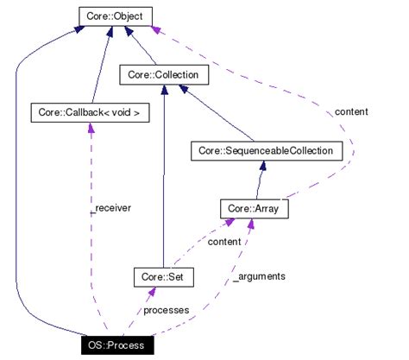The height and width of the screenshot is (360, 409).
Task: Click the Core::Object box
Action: (116, 16)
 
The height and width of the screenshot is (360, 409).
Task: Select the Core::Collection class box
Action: (160, 76)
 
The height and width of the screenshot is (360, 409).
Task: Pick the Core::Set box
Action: (163, 277)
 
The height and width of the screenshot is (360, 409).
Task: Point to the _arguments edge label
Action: (259, 276)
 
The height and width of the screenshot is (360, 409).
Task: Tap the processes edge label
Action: (166, 309)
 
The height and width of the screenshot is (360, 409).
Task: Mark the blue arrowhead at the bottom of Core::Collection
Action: (163, 92)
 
